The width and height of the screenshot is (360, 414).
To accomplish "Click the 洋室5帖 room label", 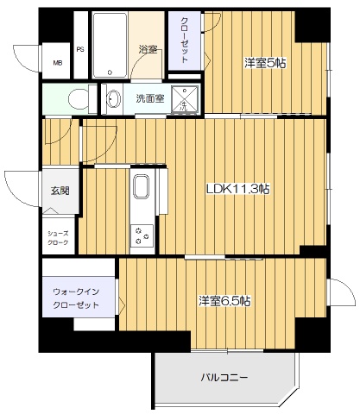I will (x=264, y=62).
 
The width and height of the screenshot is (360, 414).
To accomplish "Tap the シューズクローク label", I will (x=58, y=238).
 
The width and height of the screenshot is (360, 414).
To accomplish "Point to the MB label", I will (x=58, y=63).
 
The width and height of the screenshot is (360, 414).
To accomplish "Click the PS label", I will (x=79, y=50).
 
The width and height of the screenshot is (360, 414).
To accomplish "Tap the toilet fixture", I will (x=77, y=99).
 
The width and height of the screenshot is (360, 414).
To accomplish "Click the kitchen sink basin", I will (x=141, y=188).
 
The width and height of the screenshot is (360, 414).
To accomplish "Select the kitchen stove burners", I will (x=140, y=232).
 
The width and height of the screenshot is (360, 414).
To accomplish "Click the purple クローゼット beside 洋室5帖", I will (x=185, y=41).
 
